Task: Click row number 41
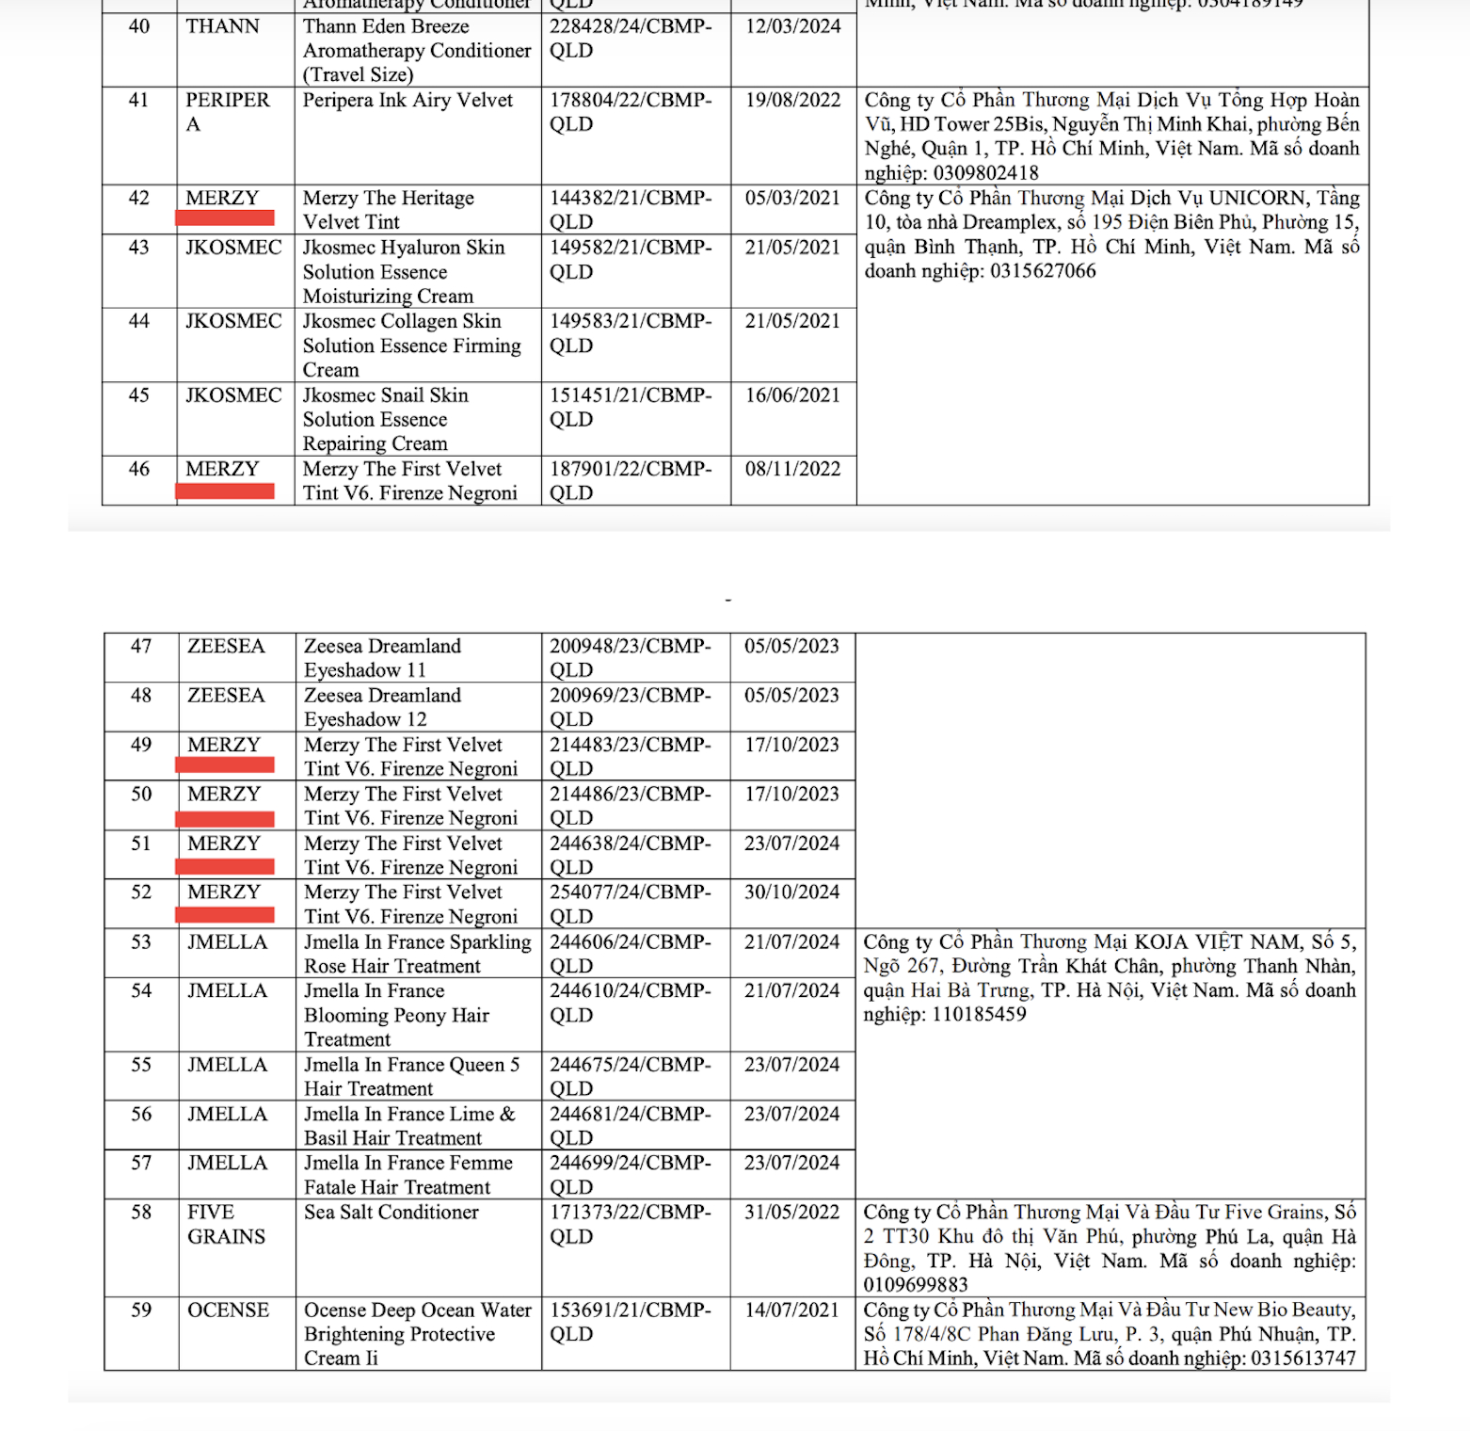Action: click(138, 100)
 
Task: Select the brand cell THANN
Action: click(222, 26)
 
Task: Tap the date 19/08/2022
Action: click(792, 100)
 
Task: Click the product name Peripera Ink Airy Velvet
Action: click(407, 100)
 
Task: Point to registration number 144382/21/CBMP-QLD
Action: click(631, 209)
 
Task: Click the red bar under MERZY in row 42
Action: click(225, 218)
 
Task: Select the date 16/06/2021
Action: click(792, 395)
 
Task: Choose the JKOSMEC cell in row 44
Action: click(233, 321)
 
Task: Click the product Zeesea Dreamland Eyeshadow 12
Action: click(382, 707)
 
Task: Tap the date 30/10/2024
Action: click(791, 892)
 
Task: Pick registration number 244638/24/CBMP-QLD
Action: click(631, 855)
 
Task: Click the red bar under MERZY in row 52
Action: click(225, 914)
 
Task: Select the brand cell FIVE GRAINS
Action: click(226, 1224)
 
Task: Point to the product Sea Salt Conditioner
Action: click(391, 1213)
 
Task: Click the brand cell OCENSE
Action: click(228, 1310)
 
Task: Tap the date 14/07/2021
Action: click(791, 1310)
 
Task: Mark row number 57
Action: click(141, 1164)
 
